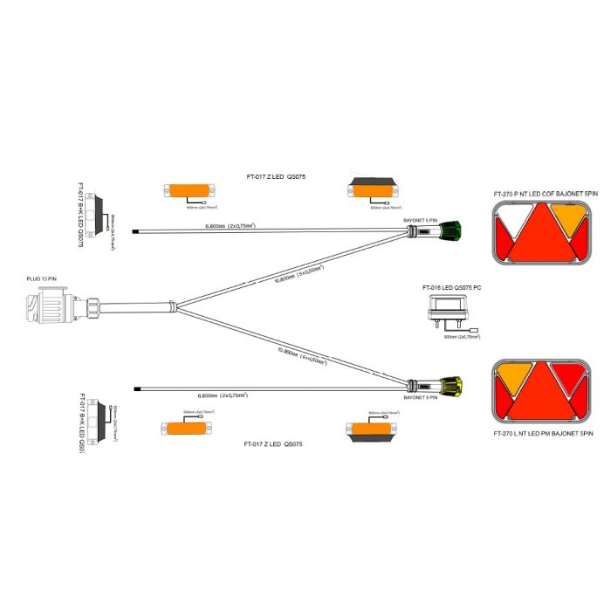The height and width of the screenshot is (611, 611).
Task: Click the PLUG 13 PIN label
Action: [41, 277]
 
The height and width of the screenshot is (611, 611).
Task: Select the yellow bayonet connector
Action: [451, 384]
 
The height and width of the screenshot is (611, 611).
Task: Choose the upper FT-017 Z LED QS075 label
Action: [281, 176]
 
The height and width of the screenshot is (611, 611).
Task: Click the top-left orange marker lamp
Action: [189, 192]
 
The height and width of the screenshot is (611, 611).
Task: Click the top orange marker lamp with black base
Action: [373, 190]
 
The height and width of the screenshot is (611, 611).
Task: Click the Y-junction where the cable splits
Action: [173, 306]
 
